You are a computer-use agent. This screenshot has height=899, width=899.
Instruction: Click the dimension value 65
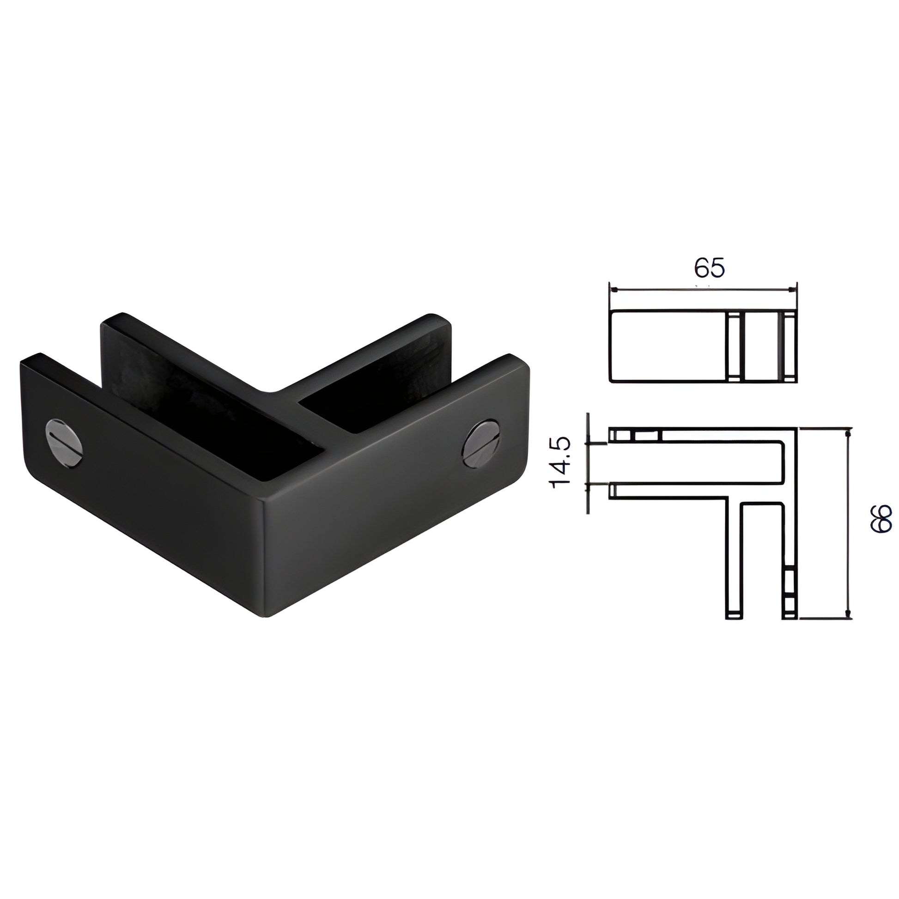pos(710,268)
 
